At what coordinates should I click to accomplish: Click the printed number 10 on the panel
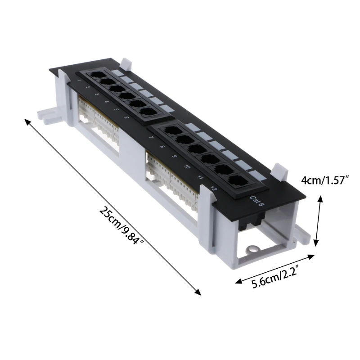tap(187, 167)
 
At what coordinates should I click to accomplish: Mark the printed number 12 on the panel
tap(213, 189)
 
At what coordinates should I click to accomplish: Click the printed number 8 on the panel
tap(162, 147)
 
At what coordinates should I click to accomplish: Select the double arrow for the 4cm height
tap(319, 220)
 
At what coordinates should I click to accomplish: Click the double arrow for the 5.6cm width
tap(274, 269)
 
